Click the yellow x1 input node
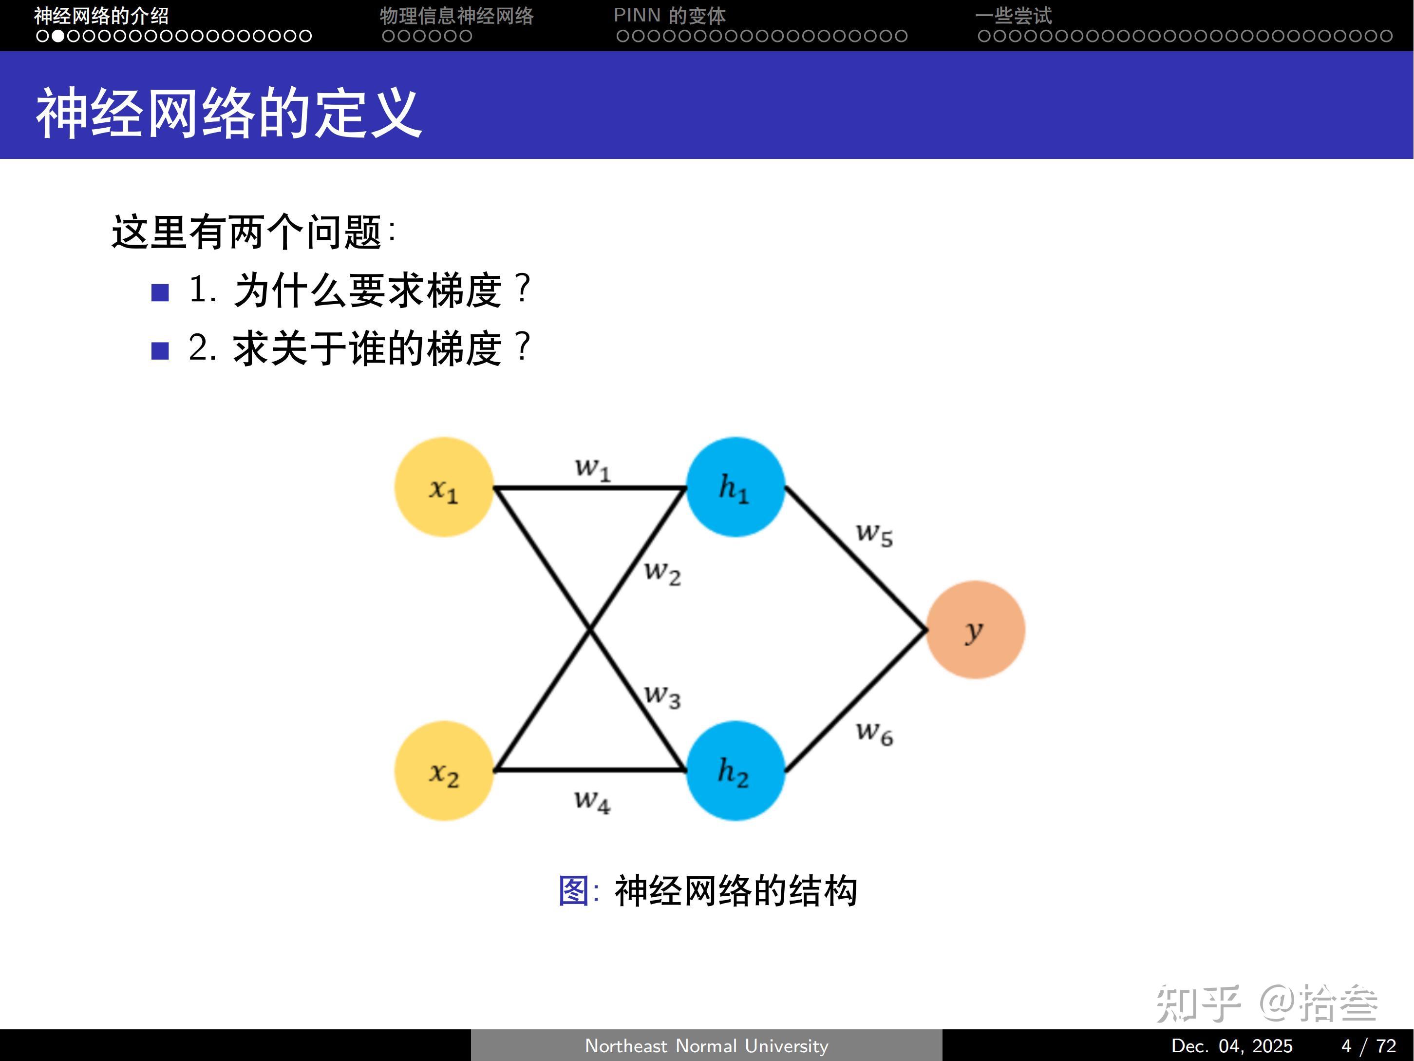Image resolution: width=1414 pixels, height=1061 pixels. click(x=444, y=487)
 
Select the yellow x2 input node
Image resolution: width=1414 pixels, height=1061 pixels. click(x=444, y=771)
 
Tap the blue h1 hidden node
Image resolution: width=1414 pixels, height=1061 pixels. click(x=735, y=487)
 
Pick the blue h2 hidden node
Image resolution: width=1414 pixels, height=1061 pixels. click(x=735, y=771)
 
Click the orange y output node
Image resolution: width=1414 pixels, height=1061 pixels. click(x=975, y=630)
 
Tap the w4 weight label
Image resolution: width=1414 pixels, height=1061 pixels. click(x=592, y=800)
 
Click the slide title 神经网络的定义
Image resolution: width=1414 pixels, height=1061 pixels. click(x=229, y=113)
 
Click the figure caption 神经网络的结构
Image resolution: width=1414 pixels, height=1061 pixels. click(x=735, y=890)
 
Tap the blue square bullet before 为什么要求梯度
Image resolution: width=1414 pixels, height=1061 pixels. click(x=160, y=292)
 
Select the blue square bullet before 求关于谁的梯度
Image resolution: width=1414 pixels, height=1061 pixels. click(x=160, y=350)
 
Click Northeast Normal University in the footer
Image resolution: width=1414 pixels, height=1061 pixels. click(x=706, y=1046)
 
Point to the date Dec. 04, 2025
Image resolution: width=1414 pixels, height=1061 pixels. click(x=1231, y=1046)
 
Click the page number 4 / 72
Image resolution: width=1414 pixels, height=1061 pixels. click(x=1368, y=1046)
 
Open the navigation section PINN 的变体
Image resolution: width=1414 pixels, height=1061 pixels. click(x=669, y=15)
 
